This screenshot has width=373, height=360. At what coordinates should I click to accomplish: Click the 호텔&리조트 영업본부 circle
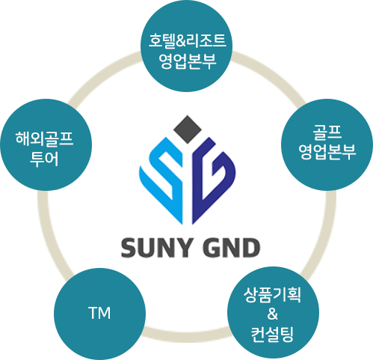click(187, 46)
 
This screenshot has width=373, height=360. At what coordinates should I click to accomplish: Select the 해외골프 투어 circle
click(46, 145)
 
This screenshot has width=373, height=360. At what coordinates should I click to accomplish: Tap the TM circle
click(99, 314)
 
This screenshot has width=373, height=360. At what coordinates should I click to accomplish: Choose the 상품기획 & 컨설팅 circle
click(273, 313)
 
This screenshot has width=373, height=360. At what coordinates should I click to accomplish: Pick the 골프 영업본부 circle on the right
click(327, 145)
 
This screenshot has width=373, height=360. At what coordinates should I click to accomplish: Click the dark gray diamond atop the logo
click(188, 129)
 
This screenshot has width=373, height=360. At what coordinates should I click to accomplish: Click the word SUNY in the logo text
click(157, 248)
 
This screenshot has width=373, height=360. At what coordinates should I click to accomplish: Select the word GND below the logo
click(231, 248)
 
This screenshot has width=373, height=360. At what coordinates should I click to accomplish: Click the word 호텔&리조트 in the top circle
click(188, 40)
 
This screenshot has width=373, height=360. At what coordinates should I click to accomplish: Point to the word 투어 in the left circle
click(44, 159)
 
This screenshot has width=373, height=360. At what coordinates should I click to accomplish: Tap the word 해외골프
click(44, 138)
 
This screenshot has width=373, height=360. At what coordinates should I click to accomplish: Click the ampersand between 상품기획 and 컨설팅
click(273, 314)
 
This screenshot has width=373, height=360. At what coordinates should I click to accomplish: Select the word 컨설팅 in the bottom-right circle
click(272, 335)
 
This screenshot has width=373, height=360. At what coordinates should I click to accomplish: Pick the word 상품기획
click(272, 295)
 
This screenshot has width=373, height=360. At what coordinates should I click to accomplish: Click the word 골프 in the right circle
click(327, 132)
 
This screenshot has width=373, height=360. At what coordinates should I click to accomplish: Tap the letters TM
click(99, 314)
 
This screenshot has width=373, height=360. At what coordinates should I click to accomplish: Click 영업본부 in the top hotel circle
click(188, 61)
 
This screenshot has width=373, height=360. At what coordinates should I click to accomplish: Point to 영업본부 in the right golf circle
click(327, 152)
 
